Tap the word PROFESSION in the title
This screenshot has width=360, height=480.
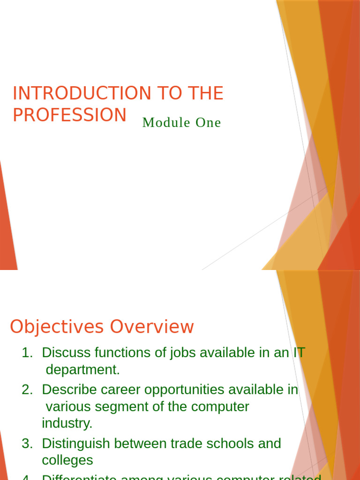(69, 115)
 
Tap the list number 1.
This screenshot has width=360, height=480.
(27, 353)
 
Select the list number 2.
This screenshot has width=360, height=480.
(27, 390)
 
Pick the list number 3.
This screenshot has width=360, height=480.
(27, 443)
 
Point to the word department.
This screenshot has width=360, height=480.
(82, 370)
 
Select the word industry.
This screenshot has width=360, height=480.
(67, 423)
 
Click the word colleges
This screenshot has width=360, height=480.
(67, 460)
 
